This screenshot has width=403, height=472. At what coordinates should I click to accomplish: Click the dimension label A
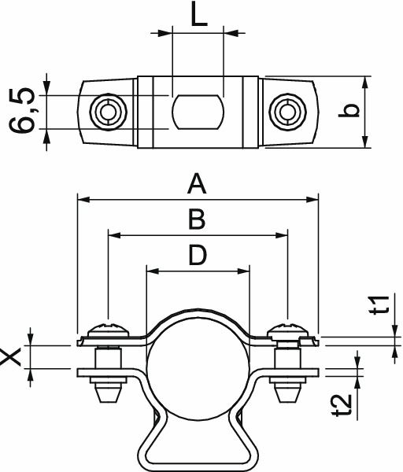[196, 186]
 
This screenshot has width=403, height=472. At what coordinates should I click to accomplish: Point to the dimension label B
[197, 219]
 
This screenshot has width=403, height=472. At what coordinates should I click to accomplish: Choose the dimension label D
[198, 255]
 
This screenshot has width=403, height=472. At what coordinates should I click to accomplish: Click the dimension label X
[12, 357]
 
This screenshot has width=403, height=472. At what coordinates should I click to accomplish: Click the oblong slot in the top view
[198, 112]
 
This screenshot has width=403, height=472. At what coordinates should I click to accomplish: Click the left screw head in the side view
[105, 329]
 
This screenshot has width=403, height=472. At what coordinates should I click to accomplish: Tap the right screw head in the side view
[287, 329]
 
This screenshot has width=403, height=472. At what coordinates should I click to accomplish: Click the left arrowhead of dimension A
[82, 201]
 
